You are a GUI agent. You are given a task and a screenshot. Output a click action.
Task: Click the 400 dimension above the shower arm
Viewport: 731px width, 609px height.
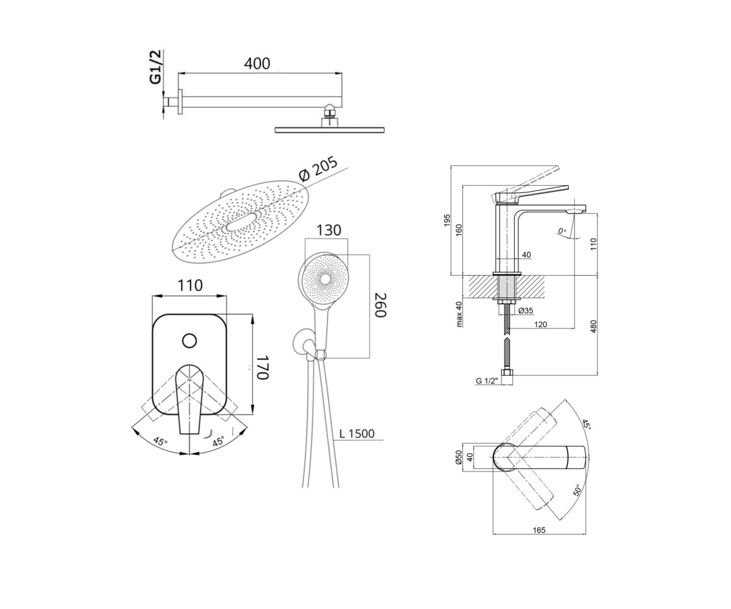coord(257,63)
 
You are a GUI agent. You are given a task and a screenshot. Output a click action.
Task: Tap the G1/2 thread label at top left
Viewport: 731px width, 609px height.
coord(155,67)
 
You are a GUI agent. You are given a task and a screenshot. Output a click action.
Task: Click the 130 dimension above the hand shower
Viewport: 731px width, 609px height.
coord(328,230)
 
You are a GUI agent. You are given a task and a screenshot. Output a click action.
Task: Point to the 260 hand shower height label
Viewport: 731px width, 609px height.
coord(381,305)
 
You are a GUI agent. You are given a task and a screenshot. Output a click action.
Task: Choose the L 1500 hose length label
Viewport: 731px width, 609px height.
coord(357,434)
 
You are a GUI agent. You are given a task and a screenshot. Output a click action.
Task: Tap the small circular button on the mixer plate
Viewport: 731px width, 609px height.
coord(189,340)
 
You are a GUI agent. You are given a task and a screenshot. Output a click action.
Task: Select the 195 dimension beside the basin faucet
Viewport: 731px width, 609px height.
coord(447,220)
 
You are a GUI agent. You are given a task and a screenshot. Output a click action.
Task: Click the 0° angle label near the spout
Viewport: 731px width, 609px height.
coord(562,231)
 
